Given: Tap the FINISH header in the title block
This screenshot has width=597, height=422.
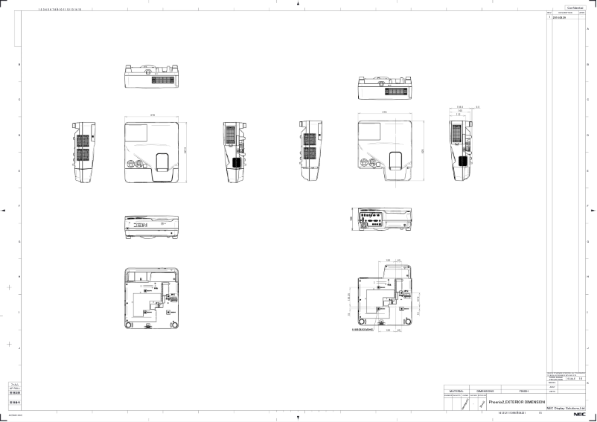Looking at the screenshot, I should [524, 390].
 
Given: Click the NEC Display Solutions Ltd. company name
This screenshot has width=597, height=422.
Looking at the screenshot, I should [571, 408].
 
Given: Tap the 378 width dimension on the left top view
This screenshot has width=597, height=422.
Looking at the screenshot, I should [153, 116].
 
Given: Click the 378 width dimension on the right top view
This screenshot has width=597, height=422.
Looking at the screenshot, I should [384, 112].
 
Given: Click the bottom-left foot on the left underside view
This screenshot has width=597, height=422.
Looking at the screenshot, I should [130, 325].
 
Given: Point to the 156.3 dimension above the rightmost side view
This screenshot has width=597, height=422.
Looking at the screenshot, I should [461, 108].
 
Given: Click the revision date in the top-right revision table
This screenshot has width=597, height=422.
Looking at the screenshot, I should [558, 17].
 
